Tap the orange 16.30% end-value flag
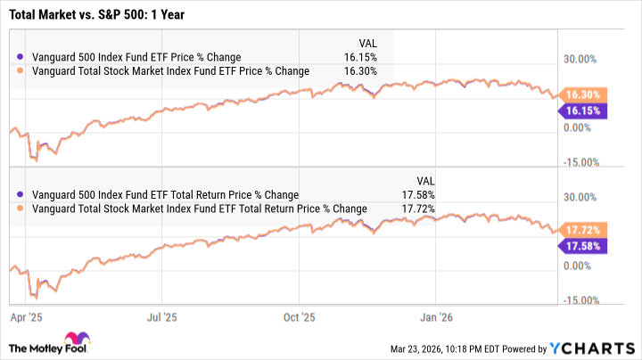[x=583, y=94]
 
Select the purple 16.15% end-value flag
[x=583, y=111]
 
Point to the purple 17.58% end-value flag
[x=583, y=247]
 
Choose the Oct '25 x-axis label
[x=300, y=315]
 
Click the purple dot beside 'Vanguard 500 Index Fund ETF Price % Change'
[x=21, y=56]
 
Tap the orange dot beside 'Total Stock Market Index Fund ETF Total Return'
[x=21, y=209]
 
